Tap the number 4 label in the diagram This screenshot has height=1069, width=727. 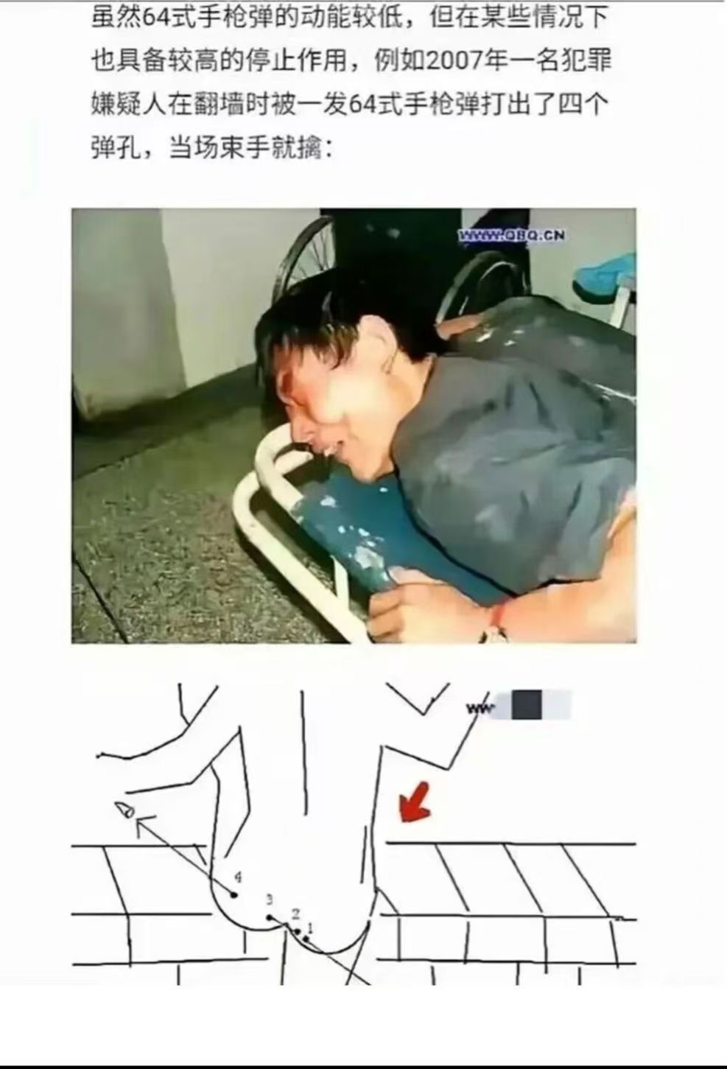237,877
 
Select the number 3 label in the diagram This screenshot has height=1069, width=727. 270,900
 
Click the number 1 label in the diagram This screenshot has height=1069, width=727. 310,927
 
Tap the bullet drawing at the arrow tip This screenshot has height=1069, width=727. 126,810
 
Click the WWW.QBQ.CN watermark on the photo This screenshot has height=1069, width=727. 512,235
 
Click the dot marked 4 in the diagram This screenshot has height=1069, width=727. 234,894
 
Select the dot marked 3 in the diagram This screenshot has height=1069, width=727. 270,917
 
